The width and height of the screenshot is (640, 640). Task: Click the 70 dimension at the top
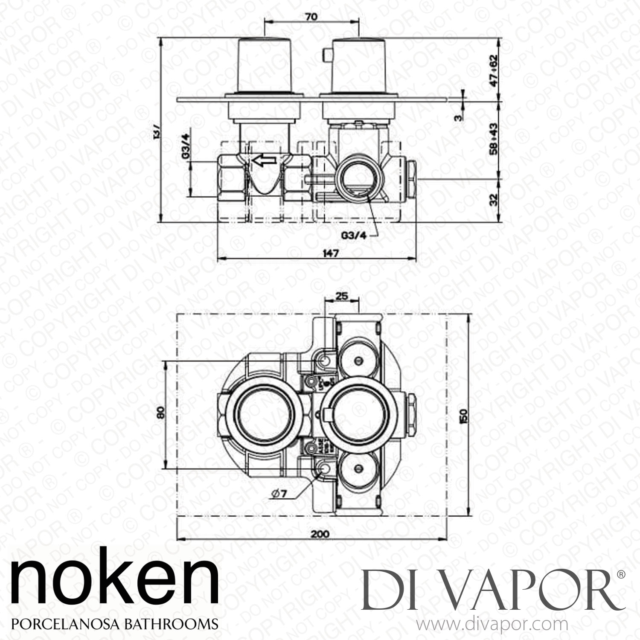pos(311,17)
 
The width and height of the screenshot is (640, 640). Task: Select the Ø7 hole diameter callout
pos(279,494)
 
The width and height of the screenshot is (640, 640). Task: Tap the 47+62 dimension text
pos(494,70)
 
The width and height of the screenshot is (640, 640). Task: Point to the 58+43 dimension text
pos(494,140)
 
